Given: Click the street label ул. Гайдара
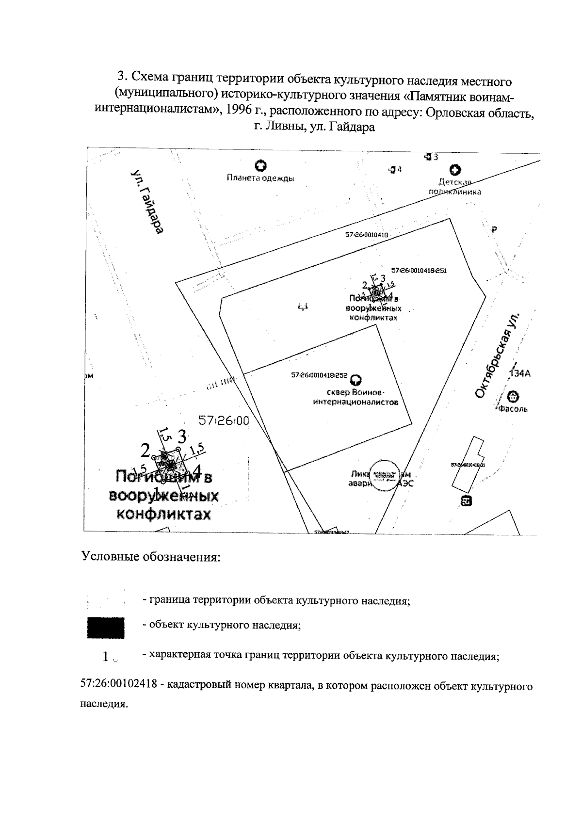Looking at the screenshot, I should pyautogui.click(x=147, y=202).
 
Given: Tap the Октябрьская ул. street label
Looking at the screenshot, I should pyautogui.click(x=499, y=356).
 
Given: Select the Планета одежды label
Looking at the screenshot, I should pyautogui.click(x=260, y=178).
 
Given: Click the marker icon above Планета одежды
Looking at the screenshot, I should pyautogui.click(x=261, y=166).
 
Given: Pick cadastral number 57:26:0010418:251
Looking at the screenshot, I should pyautogui.click(x=419, y=271).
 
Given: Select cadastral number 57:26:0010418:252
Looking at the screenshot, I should pyautogui.click(x=319, y=375).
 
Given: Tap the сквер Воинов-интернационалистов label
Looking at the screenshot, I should pyautogui.click(x=356, y=397).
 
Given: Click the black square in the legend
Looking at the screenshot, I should pyautogui.click(x=106, y=628).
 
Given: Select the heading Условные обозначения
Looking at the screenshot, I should pyautogui.click(x=151, y=556).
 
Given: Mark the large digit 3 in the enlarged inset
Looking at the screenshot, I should pyautogui.click(x=182, y=436).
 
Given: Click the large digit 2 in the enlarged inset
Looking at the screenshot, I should pyautogui.click(x=145, y=451).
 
